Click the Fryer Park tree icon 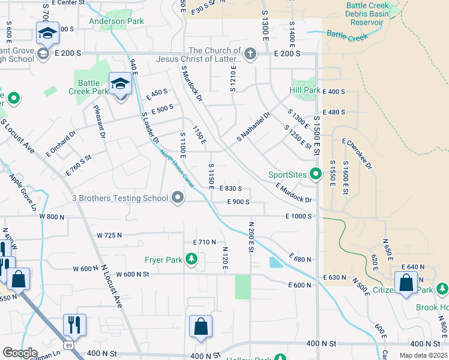click(x=191, y=259)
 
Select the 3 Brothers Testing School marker click(x=178, y=197)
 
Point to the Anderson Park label click(x=116, y=22)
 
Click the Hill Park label click(x=304, y=90)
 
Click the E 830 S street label click(x=231, y=188)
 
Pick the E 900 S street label click(x=238, y=202)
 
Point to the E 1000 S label click(x=298, y=216)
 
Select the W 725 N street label click(x=109, y=235)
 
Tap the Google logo click(x=20, y=353)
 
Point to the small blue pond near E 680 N click(x=275, y=262)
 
